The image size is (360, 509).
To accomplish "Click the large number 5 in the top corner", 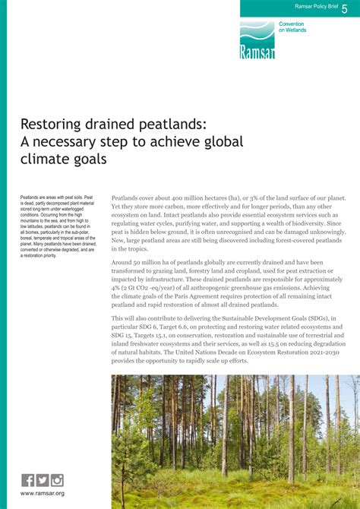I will (x=345, y=8).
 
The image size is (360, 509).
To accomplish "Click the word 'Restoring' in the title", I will (x=56, y=124).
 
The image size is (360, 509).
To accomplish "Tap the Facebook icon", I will (x=28, y=479).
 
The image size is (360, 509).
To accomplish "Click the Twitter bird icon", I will (x=43, y=479).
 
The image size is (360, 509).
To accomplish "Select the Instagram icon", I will (x=57, y=479).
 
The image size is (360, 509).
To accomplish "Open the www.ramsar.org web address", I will (x=43, y=494).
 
